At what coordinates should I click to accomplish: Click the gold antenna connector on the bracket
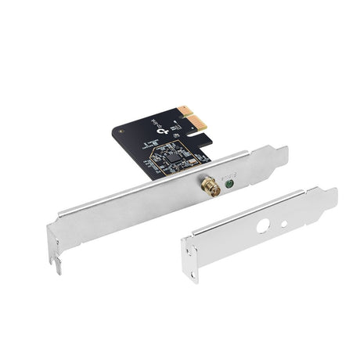click(x=211, y=185)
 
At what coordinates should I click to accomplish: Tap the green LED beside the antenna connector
click(x=230, y=185)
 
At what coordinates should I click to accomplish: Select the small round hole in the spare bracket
click(x=284, y=223)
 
